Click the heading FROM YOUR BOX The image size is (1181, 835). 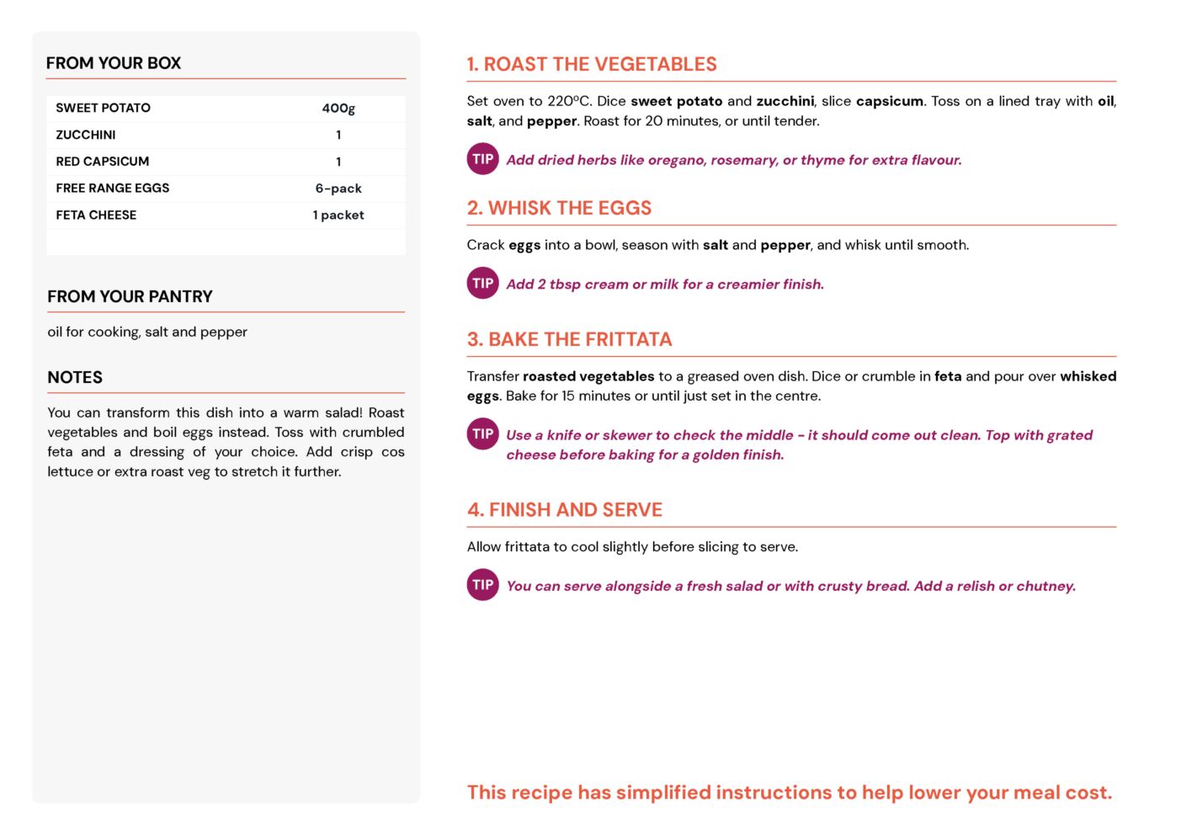point(114,63)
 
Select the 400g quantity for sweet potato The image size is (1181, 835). point(338,108)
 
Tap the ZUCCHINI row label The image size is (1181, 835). point(86,135)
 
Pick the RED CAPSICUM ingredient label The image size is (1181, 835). point(103,162)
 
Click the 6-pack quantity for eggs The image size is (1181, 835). point(338,189)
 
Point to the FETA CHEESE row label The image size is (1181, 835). point(96,215)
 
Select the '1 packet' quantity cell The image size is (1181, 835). point(338,215)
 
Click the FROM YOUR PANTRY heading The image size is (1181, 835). point(130,296)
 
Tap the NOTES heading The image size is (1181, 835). point(75,377)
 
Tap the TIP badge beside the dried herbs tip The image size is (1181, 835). point(483,159)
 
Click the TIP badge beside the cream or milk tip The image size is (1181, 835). point(483,284)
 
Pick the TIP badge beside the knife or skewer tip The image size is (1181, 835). point(483,434)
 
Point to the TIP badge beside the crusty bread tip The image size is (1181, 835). point(483,585)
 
